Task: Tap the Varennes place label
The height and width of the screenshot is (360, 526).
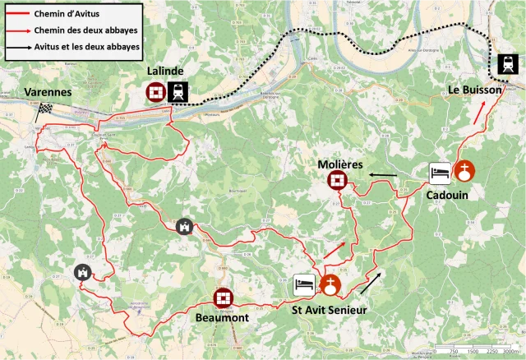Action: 47,92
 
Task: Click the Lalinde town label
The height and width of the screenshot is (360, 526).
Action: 165,72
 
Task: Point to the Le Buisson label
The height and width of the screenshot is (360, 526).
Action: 475,89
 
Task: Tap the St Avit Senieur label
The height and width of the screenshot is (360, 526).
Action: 329,310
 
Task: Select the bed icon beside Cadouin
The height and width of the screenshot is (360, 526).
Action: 439,173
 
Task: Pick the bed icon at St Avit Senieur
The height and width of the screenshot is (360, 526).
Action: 304,285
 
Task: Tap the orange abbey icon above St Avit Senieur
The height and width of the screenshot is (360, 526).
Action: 330,285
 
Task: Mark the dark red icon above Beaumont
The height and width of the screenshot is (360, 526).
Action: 223,297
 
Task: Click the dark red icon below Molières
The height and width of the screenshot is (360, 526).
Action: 336,181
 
